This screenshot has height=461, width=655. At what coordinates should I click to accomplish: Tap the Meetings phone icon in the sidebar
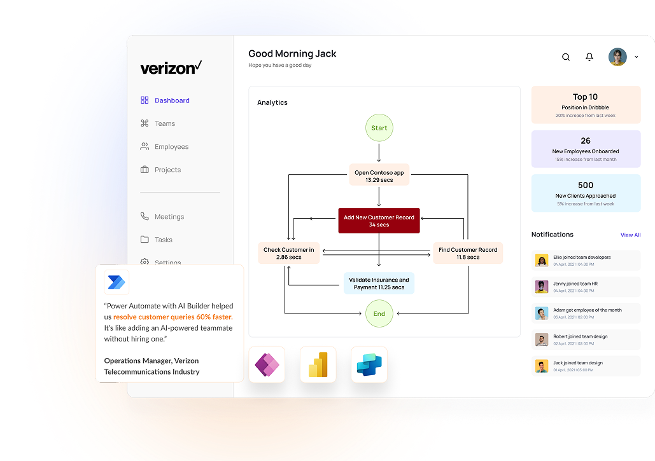click(x=144, y=216)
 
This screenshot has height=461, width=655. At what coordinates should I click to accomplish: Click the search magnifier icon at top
click(x=566, y=57)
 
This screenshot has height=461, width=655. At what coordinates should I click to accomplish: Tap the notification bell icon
click(x=589, y=57)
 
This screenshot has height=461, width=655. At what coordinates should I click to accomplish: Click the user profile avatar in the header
click(x=617, y=57)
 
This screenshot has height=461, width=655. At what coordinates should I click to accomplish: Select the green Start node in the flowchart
click(x=379, y=128)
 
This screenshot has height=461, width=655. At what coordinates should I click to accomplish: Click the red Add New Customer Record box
click(x=379, y=221)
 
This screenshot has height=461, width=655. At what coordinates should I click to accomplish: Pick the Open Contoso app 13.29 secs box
click(x=379, y=176)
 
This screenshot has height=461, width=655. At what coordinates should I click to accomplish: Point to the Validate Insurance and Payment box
click(x=379, y=284)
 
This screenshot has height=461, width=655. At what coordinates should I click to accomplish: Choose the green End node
click(x=379, y=313)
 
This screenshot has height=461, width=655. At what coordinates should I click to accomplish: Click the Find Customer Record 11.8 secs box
click(x=468, y=253)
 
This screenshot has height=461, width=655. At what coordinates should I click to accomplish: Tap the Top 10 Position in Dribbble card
click(x=586, y=105)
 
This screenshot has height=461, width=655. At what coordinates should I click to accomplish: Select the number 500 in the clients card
click(x=586, y=186)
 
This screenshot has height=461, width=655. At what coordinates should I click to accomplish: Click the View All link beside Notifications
click(x=630, y=235)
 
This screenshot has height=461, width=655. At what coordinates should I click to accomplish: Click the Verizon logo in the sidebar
click(x=171, y=67)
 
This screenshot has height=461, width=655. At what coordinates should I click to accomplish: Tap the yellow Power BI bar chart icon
click(x=318, y=365)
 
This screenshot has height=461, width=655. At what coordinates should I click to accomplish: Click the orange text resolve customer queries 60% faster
click(x=173, y=317)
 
